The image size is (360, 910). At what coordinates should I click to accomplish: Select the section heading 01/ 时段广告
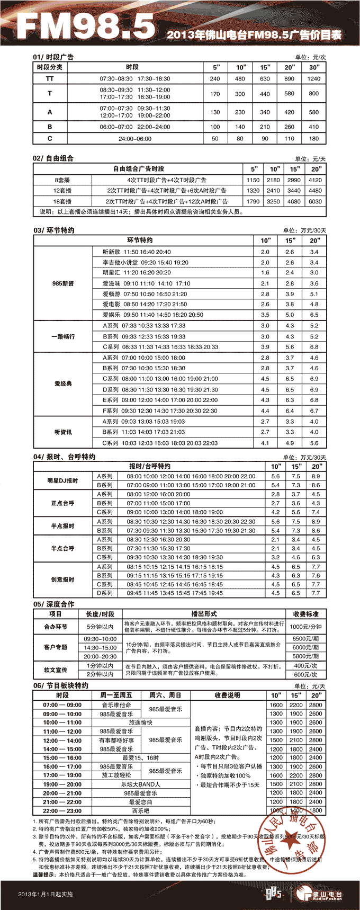pyautogui.click(x=53, y=57)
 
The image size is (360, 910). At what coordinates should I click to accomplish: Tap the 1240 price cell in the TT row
pyautogui.click(x=314, y=78)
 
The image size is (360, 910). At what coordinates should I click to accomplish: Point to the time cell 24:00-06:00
pyautogui.click(x=134, y=139)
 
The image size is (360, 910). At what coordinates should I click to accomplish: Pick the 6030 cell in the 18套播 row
pyautogui.click(x=315, y=201)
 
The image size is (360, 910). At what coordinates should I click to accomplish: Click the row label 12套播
pyautogui.click(x=62, y=191)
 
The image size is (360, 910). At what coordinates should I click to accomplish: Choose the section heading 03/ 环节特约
pyautogui.click(x=53, y=230)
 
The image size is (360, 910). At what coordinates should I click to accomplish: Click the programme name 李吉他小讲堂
pyautogui.click(x=120, y=262)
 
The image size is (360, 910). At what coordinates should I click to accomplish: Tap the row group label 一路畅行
pyautogui.click(x=63, y=336)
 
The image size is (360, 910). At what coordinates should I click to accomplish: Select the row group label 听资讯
pyautogui.click(x=63, y=432)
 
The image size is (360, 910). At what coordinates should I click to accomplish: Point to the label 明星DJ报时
pyautogui.click(x=62, y=480)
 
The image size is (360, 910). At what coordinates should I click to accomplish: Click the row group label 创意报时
pyautogui.click(x=62, y=579)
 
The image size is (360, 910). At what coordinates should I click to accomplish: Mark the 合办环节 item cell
pyautogui.click(x=56, y=626)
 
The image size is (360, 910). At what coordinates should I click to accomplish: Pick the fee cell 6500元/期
pyautogui.click(x=305, y=639)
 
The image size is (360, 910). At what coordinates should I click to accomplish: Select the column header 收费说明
pyautogui.click(x=227, y=695)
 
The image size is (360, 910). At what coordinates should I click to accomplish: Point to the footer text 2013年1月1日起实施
pyautogui.click(x=45, y=894)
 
